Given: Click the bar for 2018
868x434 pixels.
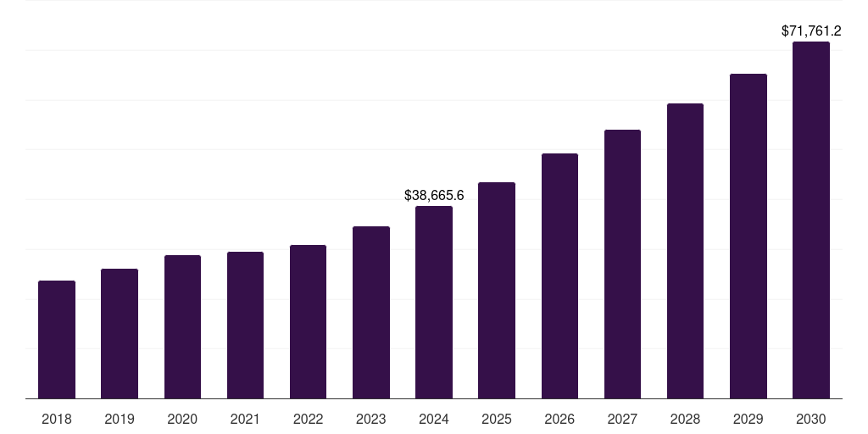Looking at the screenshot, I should pos(57,339).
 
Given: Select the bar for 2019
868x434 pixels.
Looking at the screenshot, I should pos(120,333).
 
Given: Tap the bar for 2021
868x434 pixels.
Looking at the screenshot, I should pos(245,325).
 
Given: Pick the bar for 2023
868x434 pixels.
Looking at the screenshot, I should pos(371,312).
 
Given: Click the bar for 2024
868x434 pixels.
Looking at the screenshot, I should pos(434,302).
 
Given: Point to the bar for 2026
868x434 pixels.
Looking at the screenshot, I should pos(559,275).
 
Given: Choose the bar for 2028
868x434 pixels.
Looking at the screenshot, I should pos(685,251).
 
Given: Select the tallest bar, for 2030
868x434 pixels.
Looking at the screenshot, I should pos(811,220).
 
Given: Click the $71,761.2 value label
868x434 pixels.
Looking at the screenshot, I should pos(811,31).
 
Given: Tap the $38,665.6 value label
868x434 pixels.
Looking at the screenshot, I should pos(434,195).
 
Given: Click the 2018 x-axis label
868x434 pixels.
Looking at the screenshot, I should pos(57,419).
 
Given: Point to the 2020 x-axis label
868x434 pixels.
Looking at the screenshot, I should pos(182,419).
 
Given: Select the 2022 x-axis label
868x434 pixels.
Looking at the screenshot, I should pos(308,419).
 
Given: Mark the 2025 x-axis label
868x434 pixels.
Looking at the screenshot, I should pos(497,419).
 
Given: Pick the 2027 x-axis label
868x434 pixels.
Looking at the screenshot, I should pos(622,419).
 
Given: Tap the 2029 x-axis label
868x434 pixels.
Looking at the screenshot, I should pos(748,419).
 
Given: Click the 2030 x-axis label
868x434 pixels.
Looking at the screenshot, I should pos(811,419).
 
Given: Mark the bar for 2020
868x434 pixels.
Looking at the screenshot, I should pos(182,326).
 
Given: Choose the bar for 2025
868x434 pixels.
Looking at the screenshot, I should pos(497,290).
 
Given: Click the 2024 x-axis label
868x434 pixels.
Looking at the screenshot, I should pos(434,419).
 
